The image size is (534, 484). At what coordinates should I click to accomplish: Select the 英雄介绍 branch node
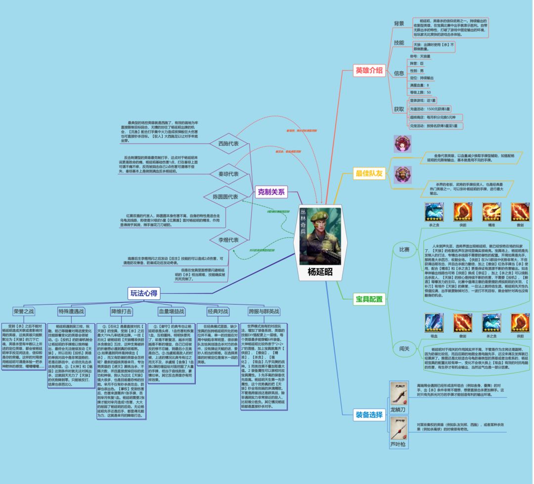369,70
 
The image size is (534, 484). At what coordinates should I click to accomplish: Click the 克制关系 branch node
271,192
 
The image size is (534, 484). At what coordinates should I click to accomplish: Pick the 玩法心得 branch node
143,293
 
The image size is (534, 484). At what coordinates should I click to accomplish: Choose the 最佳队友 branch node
369,173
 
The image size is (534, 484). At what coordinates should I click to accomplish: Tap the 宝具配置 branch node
369,299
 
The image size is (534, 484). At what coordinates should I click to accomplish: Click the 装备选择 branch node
369,415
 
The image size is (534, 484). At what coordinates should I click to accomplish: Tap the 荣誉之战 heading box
24,311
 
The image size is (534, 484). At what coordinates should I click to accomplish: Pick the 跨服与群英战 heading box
264,311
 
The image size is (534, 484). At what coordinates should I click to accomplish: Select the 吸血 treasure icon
434,323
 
